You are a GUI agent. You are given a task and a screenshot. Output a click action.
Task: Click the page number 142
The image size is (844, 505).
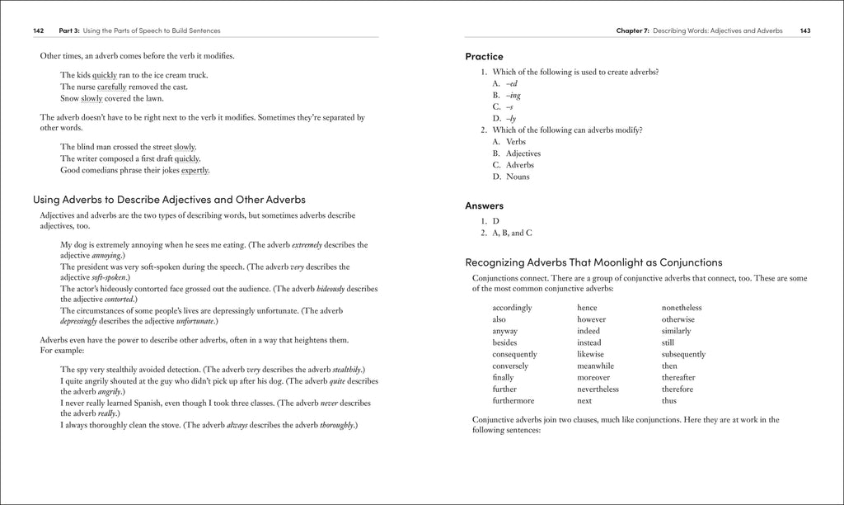(39, 31)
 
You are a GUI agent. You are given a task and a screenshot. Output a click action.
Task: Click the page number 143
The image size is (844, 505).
(804, 31)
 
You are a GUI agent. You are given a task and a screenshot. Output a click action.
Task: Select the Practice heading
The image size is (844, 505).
(484, 57)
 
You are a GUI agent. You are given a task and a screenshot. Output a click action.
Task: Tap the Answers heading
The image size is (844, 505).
(484, 205)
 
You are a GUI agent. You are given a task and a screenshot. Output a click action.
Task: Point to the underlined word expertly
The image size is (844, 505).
(195, 171)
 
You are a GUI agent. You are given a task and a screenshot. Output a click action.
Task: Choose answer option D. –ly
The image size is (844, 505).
(504, 119)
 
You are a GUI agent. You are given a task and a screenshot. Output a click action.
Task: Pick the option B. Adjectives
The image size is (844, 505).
(517, 153)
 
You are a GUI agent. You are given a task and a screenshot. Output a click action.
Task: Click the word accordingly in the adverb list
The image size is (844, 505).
(512, 308)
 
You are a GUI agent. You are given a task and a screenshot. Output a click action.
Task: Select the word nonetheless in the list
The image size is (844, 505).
(682, 308)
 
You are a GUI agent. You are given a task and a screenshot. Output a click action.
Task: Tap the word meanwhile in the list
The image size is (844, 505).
(595, 366)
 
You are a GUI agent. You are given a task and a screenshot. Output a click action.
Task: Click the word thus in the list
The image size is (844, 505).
(668, 401)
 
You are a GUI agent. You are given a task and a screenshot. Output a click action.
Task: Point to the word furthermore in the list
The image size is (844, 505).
(515, 401)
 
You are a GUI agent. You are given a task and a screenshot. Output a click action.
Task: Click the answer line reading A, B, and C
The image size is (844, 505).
(512, 234)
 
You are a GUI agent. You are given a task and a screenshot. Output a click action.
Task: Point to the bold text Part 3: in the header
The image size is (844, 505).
(69, 31)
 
